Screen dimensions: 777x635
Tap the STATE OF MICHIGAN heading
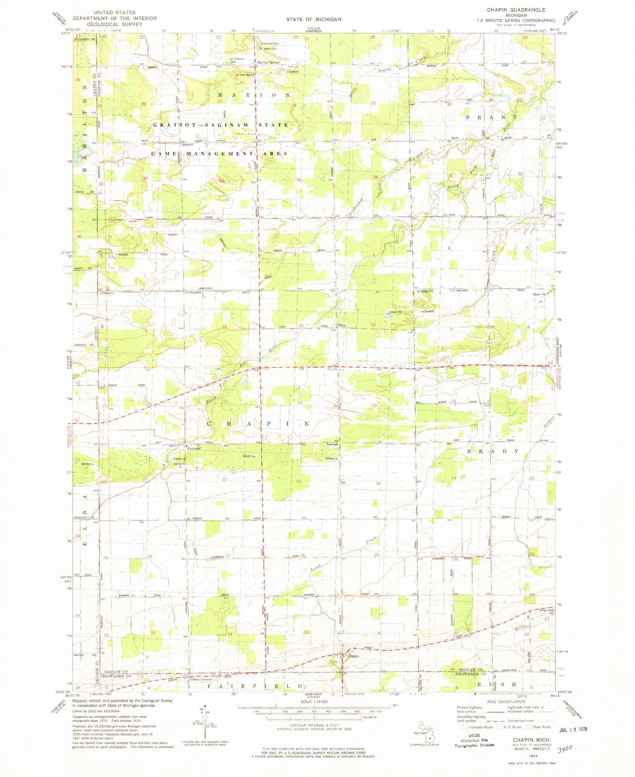[x=314, y=19]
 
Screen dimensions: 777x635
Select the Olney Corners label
[x=201, y=680]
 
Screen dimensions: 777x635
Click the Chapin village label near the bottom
[x=353, y=656]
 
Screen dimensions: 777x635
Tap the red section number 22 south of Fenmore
[x=224, y=479]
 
